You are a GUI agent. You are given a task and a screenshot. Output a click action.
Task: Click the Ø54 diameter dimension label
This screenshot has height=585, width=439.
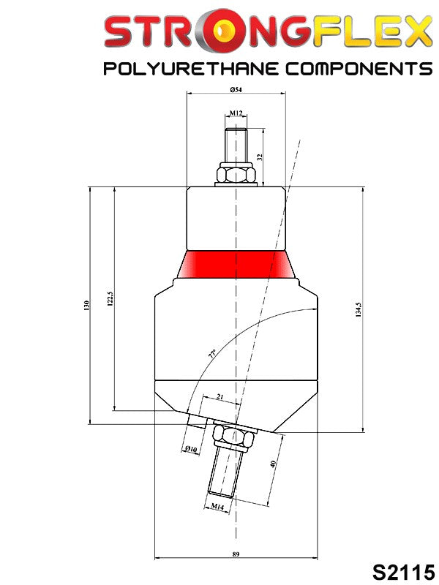click(x=236, y=89)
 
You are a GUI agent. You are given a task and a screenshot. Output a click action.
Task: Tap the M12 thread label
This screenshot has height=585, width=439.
click(x=236, y=113)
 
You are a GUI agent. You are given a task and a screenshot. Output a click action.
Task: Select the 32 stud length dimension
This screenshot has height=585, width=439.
click(x=260, y=157)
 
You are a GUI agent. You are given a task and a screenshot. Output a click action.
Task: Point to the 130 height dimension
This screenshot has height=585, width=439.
click(x=86, y=305)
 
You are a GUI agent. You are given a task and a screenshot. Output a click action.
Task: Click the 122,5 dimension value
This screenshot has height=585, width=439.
click(x=110, y=298)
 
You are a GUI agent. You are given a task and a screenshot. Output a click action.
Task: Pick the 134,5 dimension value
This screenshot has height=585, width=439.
click(x=359, y=309)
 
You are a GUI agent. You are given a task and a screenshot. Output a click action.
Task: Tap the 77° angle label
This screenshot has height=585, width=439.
click(x=212, y=354)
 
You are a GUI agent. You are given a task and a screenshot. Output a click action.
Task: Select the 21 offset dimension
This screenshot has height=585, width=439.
click(x=220, y=397)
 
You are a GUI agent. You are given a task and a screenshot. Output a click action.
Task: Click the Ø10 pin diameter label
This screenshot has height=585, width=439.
click(x=191, y=449)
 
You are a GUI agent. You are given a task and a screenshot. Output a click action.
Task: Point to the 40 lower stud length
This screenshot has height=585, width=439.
click(x=273, y=464)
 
